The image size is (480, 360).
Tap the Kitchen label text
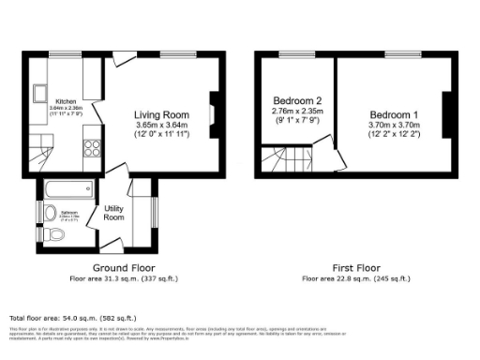pyautogui.click(x=65, y=100)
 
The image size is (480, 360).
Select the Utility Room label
pyautogui.click(x=114, y=213)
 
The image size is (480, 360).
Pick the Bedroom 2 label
pyautogui.click(x=297, y=100)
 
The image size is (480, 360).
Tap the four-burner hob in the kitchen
pyautogui.click(x=93, y=147)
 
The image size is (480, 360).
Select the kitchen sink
pyautogui.click(x=42, y=93)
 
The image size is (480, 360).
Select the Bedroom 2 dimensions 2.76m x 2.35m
pyautogui.click(x=297, y=112)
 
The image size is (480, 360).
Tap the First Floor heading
pyautogui.click(x=357, y=268)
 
